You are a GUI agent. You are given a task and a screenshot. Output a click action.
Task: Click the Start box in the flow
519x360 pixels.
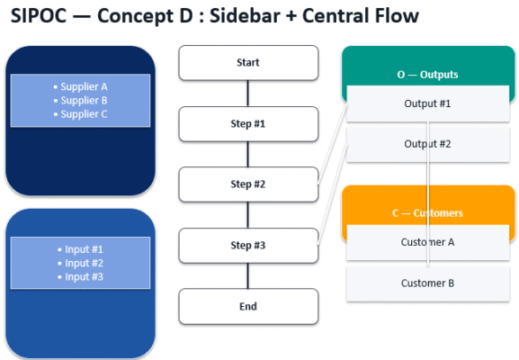[248, 63]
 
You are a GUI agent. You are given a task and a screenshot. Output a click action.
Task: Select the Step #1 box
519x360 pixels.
[248, 123]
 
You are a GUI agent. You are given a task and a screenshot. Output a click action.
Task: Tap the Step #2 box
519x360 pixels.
[248, 184]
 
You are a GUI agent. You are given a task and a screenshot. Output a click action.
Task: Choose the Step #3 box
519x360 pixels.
[248, 246]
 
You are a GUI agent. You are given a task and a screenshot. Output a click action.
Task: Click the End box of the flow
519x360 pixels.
[248, 306]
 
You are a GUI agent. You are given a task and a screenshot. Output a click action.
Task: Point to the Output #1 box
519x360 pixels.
[427, 103]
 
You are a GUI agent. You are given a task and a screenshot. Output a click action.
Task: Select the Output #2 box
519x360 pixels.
[427, 144]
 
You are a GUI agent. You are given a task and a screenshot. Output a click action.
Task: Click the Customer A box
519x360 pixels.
[427, 242]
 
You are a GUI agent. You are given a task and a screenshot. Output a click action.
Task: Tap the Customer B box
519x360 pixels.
[427, 283]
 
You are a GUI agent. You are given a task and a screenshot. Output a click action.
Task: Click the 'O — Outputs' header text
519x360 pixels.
[427, 75]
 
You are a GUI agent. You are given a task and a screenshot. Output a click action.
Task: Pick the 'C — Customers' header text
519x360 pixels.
[427, 213]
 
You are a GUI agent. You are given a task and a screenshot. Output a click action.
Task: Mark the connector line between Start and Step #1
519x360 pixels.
[248, 94]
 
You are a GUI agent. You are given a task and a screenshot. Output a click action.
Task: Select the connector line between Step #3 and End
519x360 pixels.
[248, 275]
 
